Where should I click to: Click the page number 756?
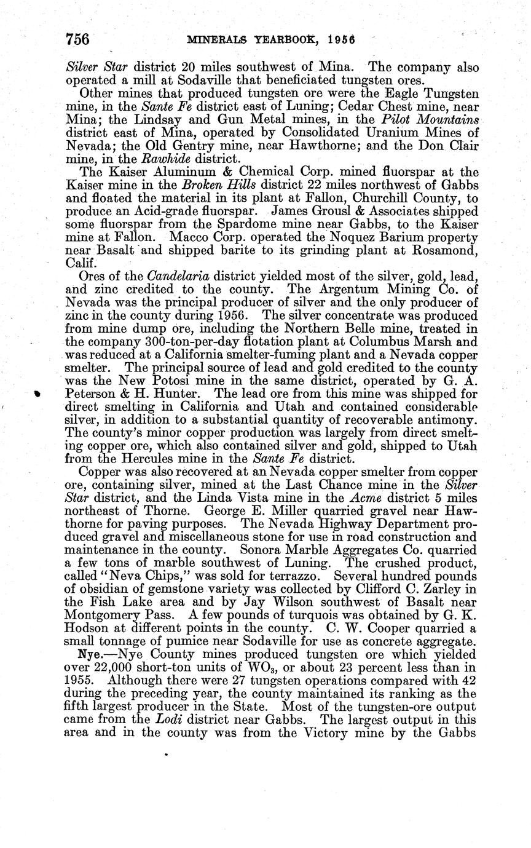click(x=78, y=39)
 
